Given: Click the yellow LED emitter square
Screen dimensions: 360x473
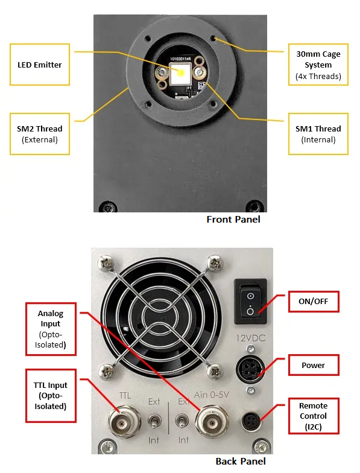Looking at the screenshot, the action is pyautogui.click(x=180, y=73).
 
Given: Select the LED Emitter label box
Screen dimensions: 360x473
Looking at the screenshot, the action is pyautogui.click(x=40, y=65).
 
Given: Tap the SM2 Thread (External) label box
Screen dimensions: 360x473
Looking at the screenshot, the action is pyautogui.click(x=40, y=134).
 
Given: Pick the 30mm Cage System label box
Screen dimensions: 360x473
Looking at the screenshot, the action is pyautogui.click(x=318, y=65).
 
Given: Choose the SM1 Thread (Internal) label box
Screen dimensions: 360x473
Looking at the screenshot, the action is pyautogui.click(x=318, y=134).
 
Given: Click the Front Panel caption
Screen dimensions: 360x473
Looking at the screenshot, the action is pyautogui.click(x=233, y=220).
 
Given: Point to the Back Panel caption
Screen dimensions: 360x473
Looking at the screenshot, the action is pyautogui.click(x=241, y=461).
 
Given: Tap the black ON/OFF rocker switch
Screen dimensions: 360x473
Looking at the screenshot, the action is pyautogui.click(x=250, y=302).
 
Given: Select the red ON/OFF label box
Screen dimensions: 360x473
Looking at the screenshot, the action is pyautogui.click(x=314, y=302).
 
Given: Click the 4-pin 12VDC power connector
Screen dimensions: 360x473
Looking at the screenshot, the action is pyautogui.click(x=250, y=370).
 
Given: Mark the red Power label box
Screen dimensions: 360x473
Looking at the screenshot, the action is pyautogui.click(x=314, y=365).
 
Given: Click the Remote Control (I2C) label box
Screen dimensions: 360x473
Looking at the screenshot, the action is pyautogui.click(x=314, y=416).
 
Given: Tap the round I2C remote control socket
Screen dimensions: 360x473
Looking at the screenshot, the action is pyautogui.click(x=251, y=421).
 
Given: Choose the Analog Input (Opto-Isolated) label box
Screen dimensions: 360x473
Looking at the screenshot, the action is pyautogui.click(x=51, y=329).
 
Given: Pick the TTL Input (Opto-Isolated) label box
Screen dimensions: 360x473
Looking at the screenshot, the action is pyautogui.click(x=51, y=396).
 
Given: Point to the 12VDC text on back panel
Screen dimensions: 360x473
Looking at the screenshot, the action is pyautogui.click(x=251, y=338).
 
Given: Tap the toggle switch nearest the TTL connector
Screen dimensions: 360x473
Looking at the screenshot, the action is pyautogui.click(x=154, y=421).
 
